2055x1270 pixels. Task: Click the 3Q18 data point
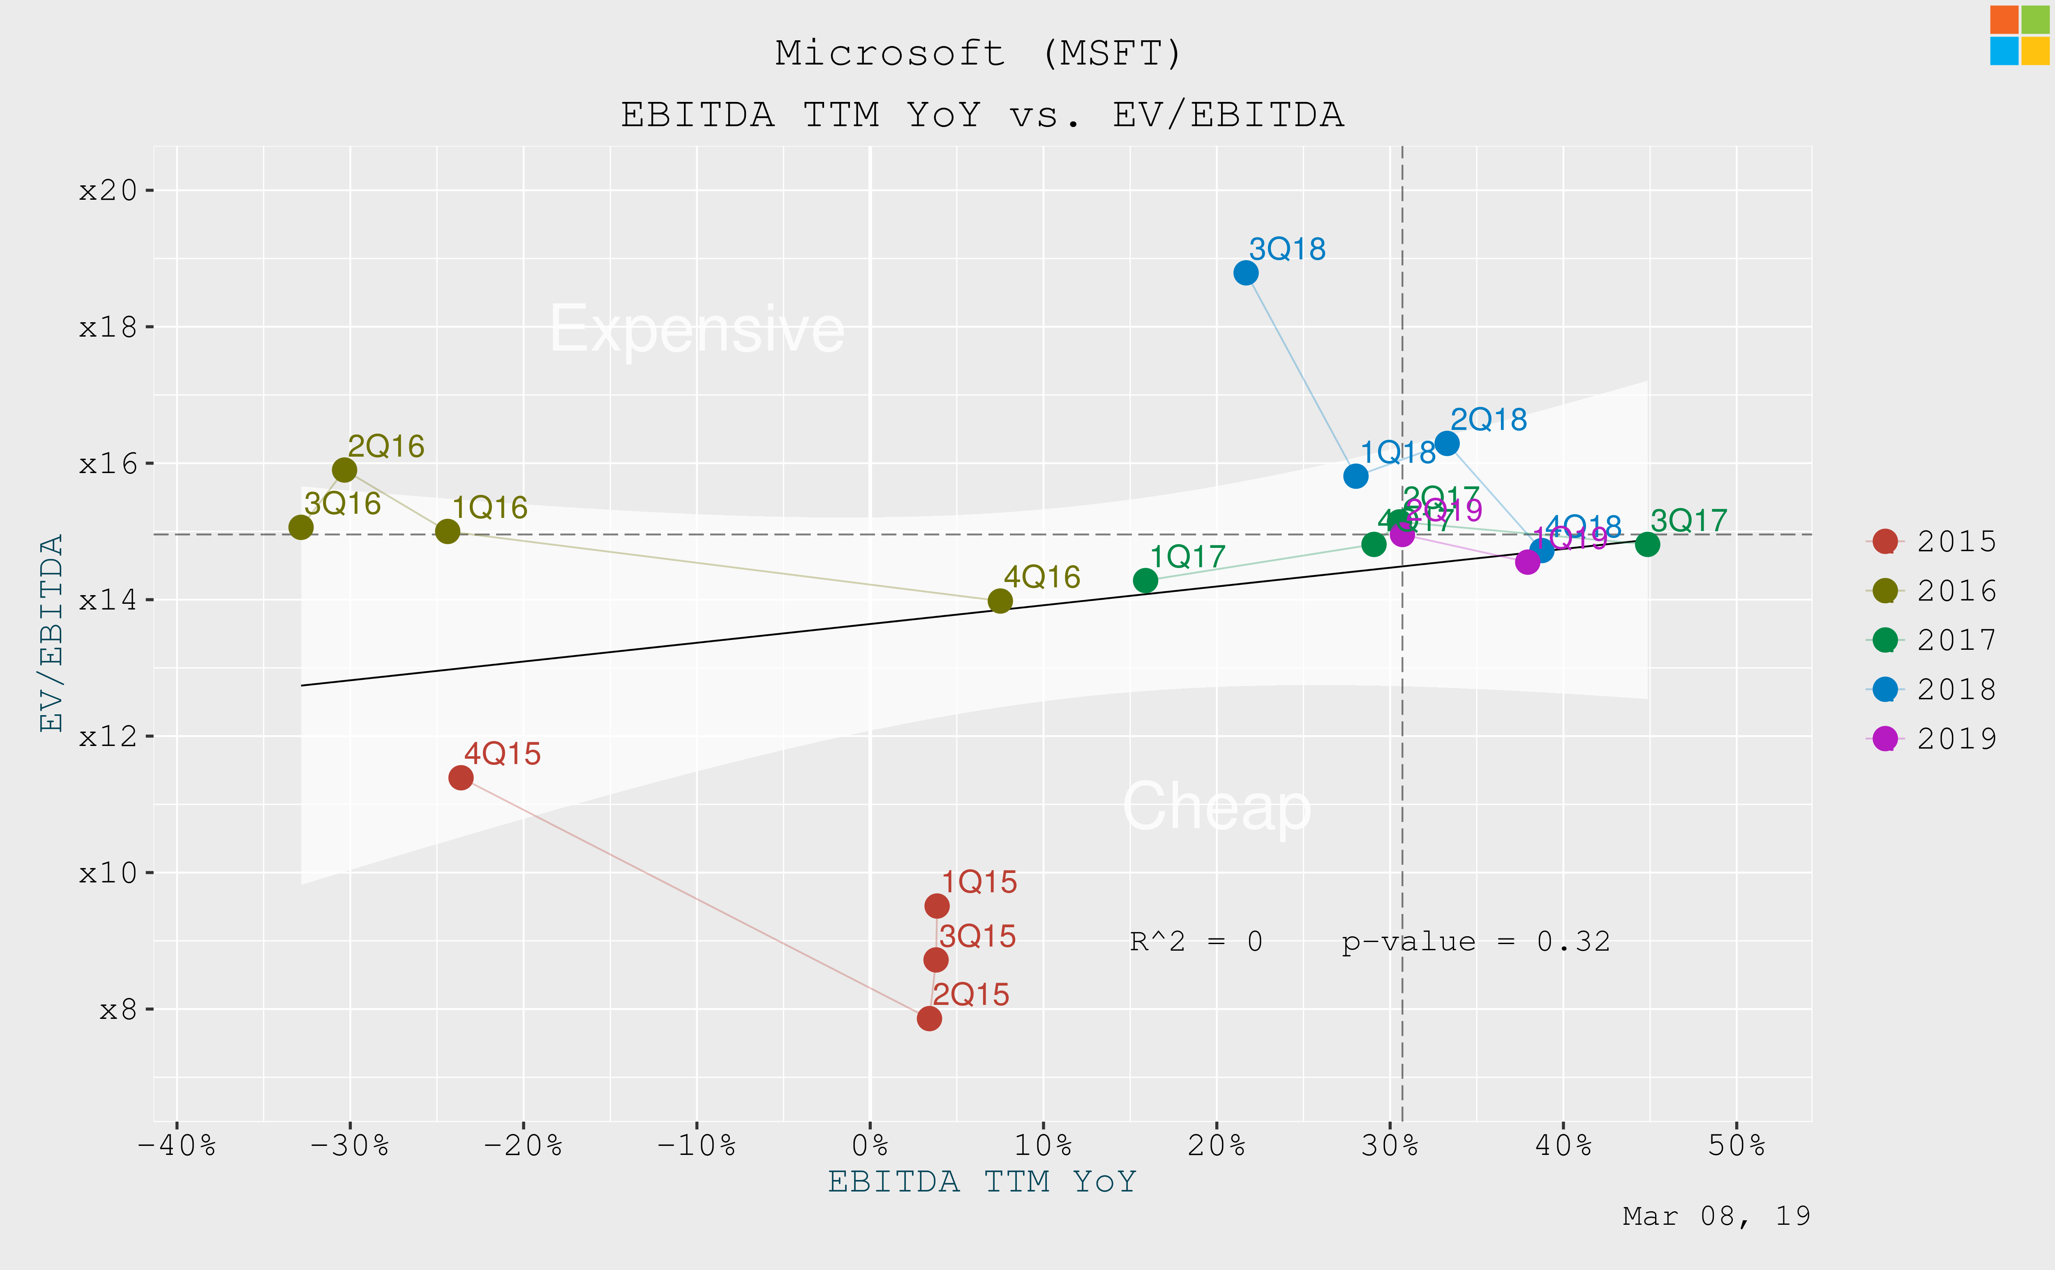pos(1245,273)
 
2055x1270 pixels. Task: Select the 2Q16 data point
pos(344,469)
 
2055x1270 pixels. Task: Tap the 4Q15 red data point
pos(460,778)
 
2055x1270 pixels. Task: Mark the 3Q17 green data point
pos(1647,544)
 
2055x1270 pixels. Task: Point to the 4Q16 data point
pos(1000,600)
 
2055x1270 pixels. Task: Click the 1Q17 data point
pos(1145,580)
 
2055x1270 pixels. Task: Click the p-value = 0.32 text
pos(1475,942)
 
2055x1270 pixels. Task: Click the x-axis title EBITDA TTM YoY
pos(982,1182)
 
